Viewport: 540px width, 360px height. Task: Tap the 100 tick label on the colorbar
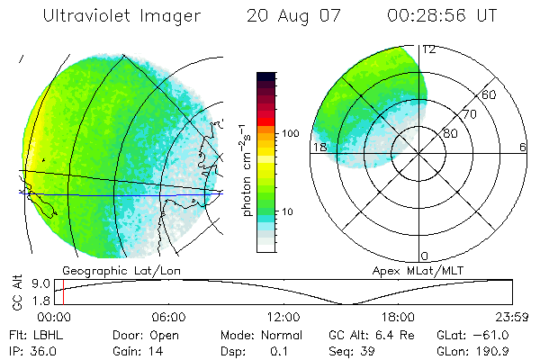290,132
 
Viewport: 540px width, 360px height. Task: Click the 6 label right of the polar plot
523,147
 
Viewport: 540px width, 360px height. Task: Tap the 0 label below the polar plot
425,256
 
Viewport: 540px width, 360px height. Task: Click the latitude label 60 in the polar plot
490,94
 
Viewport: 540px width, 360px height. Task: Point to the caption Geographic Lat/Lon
109,270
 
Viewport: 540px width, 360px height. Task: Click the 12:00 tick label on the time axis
283,317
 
